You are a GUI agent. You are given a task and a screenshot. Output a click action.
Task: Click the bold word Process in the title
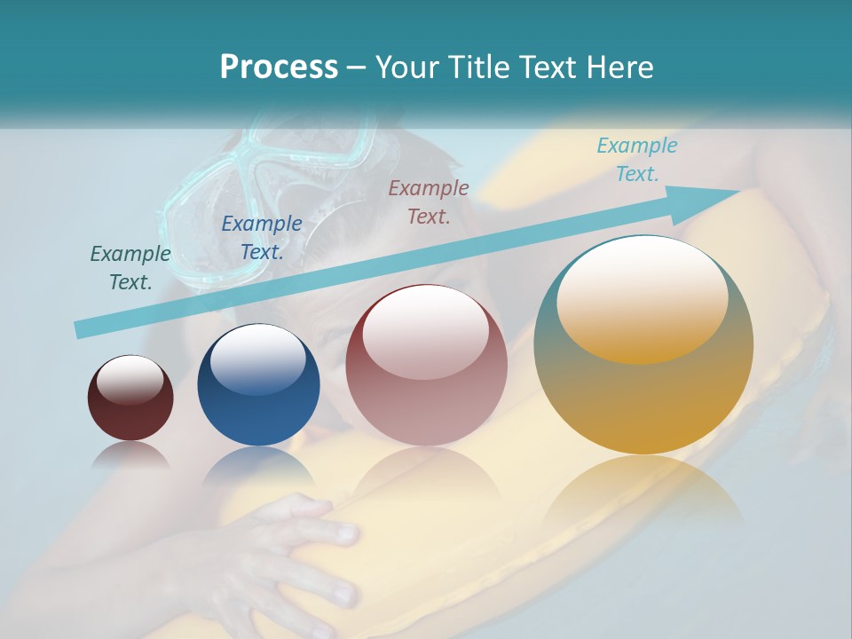[x=279, y=67]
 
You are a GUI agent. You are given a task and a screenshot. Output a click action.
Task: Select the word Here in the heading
[x=619, y=67]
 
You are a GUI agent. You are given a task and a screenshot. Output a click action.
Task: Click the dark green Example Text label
[x=130, y=268]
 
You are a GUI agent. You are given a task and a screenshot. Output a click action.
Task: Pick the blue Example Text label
[x=262, y=238]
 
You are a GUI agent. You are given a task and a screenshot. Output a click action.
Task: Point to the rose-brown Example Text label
[x=429, y=201]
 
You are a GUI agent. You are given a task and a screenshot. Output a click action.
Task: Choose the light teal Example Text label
[x=637, y=160]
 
